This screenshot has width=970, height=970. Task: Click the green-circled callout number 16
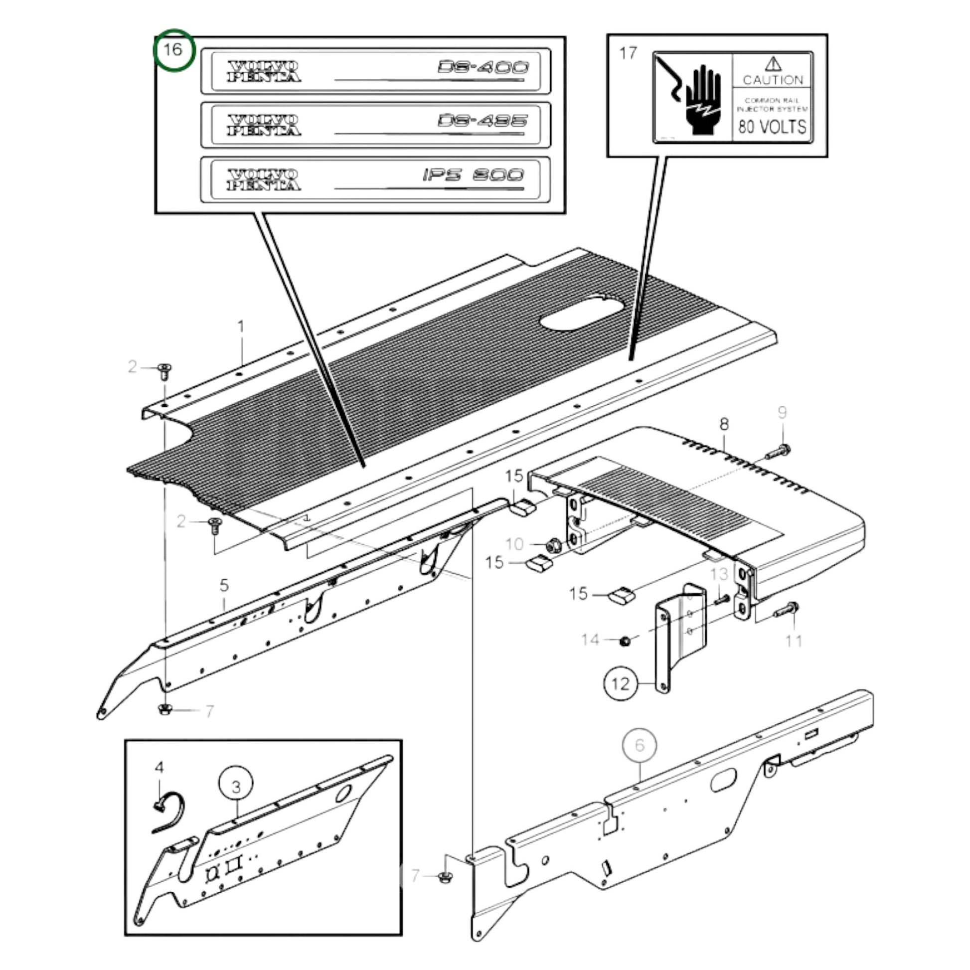(172, 50)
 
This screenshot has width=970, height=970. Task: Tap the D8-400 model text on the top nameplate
(483, 67)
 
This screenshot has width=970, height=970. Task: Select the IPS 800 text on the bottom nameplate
(473, 175)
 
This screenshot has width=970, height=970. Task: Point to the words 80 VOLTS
(772, 127)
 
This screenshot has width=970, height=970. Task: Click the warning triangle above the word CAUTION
(773, 64)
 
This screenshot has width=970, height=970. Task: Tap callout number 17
(628, 53)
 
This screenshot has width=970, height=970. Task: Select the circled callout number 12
(620, 683)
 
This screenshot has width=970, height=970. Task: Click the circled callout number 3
(236, 787)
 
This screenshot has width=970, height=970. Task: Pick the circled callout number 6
(639, 745)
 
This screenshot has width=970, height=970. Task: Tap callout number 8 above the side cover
(723, 424)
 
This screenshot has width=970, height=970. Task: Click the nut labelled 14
(625, 641)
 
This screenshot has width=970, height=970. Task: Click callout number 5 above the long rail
(224, 585)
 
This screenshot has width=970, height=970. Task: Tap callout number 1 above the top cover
(241, 327)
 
